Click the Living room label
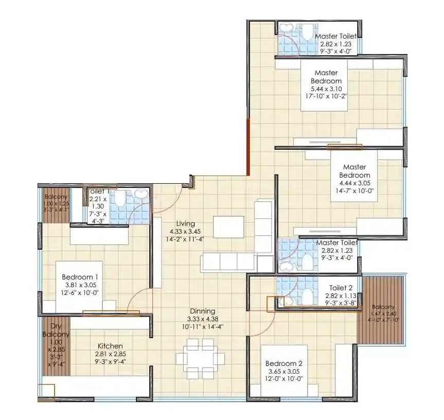point(185,224)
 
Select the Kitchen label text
point(110,346)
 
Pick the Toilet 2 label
point(341,288)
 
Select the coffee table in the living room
point(228,227)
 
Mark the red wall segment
point(248,146)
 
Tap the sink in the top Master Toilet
point(286,28)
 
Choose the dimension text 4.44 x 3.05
point(354,183)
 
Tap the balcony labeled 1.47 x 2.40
point(380,311)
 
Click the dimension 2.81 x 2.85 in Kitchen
point(110,354)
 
